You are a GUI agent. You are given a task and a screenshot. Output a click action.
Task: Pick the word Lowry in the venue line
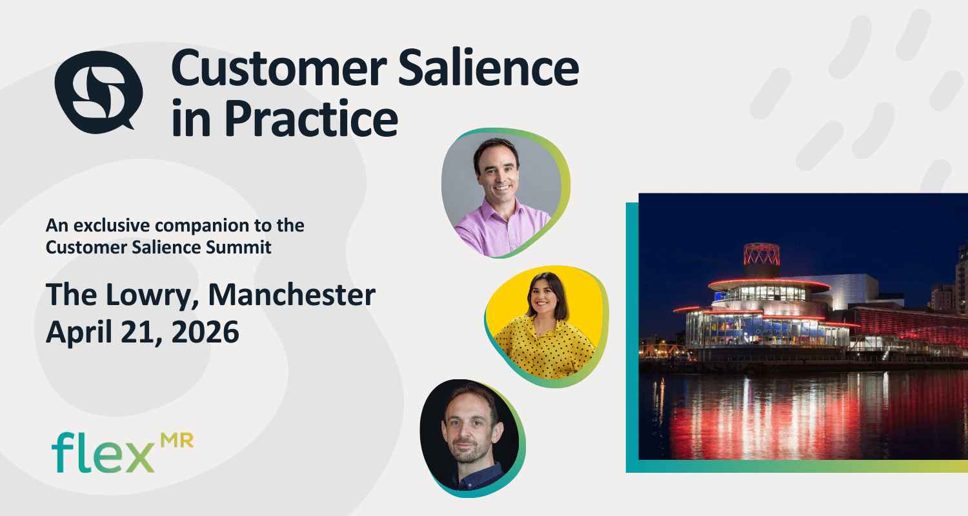coord(153,295)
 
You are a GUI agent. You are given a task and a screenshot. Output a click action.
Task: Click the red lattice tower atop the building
coord(761,255)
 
